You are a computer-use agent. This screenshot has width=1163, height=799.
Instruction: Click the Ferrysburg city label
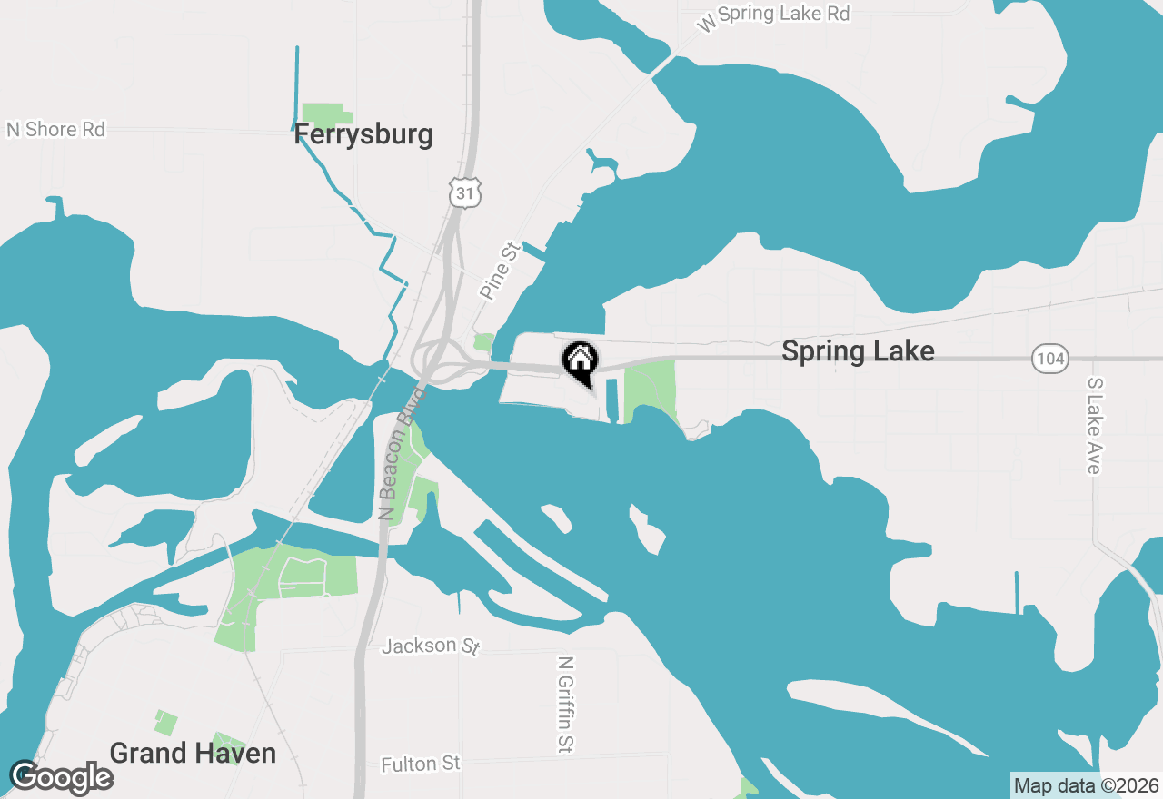point(363,135)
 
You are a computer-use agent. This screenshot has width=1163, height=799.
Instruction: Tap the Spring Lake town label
point(858,351)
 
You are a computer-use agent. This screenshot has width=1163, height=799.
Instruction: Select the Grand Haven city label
point(193,753)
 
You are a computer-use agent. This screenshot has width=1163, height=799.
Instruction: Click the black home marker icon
point(580,360)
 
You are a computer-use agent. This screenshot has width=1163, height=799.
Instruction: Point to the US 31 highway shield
point(464,192)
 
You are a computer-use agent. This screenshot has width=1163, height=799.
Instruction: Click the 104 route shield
point(1050,359)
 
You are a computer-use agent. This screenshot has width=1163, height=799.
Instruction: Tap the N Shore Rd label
point(55,129)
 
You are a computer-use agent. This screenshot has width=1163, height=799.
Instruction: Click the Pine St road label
point(498,270)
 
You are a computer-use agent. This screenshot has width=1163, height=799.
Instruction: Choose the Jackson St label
point(431,646)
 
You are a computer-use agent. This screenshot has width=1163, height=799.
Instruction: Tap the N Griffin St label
point(565,705)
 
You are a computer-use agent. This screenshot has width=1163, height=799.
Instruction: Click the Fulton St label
point(421,764)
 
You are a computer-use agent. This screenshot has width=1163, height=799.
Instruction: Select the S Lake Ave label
point(1093,426)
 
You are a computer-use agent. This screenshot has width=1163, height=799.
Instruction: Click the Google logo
point(61,778)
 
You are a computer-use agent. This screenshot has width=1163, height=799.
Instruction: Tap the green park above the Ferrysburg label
point(325,115)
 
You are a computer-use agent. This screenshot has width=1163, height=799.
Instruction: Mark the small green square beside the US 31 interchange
point(483,342)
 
